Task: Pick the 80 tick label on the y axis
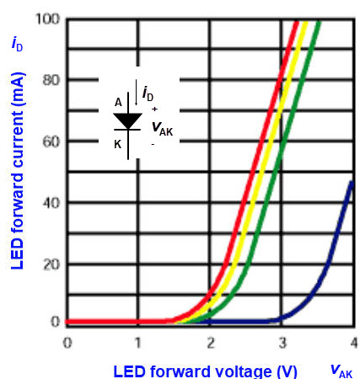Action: (x=49, y=80)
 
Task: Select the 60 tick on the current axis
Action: (x=49, y=141)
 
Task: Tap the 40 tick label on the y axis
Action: (x=49, y=202)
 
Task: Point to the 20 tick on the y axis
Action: (x=49, y=263)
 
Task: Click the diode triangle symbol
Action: (x=127, y=121)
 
